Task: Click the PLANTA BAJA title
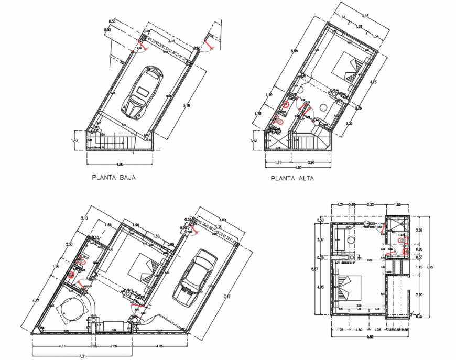click(x=114, y=178)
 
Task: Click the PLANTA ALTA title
click(x=292, y=178)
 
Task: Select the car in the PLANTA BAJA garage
click(x=142, y=92)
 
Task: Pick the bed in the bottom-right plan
click(x=346, y=288)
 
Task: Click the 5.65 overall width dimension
click(x=371, y=337)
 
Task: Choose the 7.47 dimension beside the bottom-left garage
click(x=226, y=297)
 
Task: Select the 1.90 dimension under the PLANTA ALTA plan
click(x=278, y=162)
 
